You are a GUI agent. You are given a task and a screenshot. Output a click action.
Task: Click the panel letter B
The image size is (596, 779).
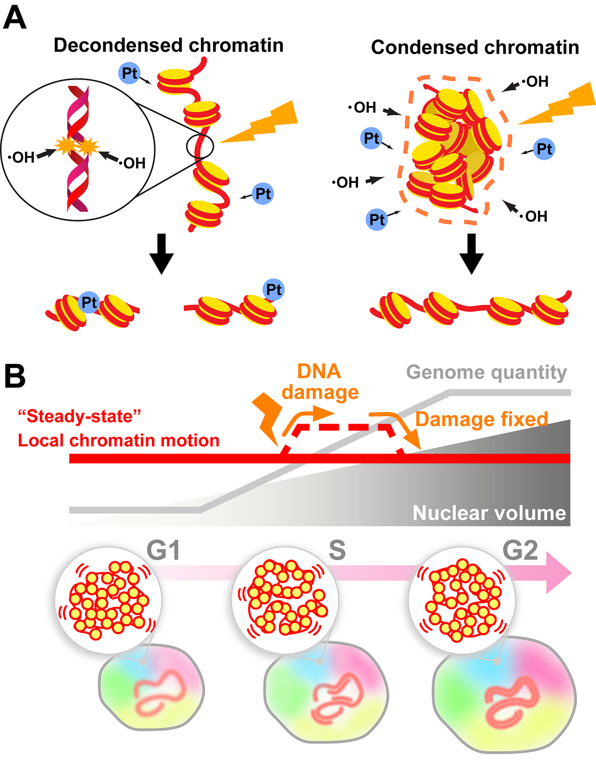click(15, 376)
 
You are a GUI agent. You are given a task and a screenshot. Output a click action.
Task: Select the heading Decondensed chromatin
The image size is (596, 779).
click(168, 45)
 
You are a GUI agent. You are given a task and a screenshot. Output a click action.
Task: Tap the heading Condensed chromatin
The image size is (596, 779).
click(475, 47)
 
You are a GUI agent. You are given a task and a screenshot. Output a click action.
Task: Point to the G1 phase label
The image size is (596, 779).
click(163, 550)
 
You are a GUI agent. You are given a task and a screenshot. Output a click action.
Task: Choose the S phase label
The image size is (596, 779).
click(337, 550)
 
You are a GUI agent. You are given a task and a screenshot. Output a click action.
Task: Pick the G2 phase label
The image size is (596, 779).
click(520, 550)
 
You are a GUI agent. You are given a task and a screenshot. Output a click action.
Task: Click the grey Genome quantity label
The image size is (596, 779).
click(486, 372)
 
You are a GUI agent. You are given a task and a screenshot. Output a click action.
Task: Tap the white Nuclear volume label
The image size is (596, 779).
click(489, 513)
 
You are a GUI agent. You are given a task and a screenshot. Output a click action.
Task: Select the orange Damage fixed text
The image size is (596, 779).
click(481, 419)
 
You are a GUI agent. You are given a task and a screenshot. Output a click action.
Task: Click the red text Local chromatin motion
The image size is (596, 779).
click(119, 440)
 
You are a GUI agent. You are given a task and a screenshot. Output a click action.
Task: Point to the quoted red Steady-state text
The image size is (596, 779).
click(80, 416)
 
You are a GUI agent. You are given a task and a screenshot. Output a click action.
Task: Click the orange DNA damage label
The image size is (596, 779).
click(320, 382)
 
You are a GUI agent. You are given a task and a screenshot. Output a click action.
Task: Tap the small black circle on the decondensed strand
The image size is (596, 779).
click(200, 147)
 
